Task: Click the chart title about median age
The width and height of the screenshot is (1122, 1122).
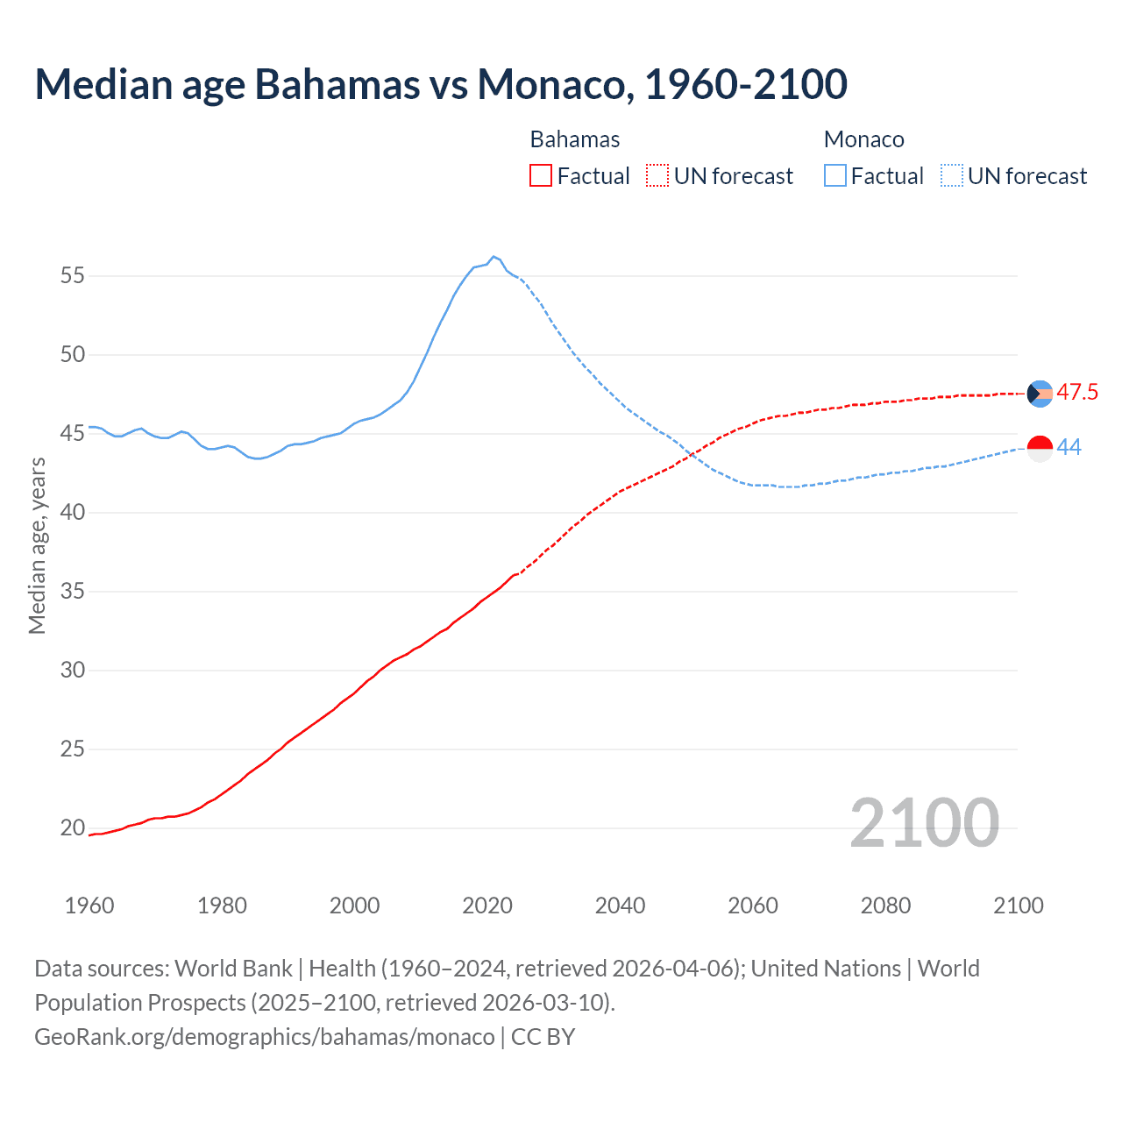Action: tap(441, 84)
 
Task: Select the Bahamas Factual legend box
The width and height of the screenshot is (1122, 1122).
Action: tap(541, 176)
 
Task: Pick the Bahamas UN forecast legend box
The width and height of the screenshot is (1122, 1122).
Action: tap(657, 176)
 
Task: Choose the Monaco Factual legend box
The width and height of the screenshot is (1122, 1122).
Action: tap(834, 176)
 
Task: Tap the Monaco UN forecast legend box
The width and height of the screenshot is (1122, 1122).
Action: tap(951, 176)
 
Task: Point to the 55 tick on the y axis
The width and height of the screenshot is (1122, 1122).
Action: tap(73, 276)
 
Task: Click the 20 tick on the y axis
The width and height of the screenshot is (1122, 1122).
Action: tap(73, 827)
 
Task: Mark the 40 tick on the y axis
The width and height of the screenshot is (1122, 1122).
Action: tap(73, 512)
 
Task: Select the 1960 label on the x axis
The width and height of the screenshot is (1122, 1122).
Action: tap(89, 905)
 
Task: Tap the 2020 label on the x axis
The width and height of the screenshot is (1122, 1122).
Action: tap(487, 905)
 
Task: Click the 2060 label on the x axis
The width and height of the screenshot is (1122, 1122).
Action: tap(753, 905)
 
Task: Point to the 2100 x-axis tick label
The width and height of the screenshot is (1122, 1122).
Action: tap(1018, 905)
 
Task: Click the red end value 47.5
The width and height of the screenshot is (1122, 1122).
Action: tap(1076, 393)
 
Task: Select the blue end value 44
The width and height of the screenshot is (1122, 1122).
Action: tap(1069, 448)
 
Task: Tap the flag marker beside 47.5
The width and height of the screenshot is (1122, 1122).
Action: tap(1040, 394)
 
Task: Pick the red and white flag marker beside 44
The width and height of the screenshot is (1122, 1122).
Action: tap(1040, 448)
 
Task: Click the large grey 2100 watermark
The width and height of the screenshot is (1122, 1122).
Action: tap(924, 822)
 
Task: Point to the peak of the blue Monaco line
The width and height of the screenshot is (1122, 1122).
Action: tap(494, 256)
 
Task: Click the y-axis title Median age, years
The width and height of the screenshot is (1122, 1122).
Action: tap(37, 545)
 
